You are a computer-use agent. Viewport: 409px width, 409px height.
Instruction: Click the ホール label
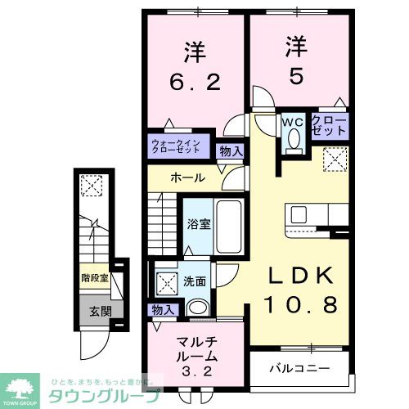(x=187, y=178)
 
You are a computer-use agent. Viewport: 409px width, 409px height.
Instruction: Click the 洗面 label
(x=194, y=281)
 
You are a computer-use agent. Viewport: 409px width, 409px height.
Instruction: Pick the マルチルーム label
(x=196, y=350)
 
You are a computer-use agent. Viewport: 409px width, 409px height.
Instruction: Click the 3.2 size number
(x=196, y=371)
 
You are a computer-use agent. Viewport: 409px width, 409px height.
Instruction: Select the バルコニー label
(x=300, y=368)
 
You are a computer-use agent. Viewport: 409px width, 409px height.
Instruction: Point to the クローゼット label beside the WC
(x=330, y=125)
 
